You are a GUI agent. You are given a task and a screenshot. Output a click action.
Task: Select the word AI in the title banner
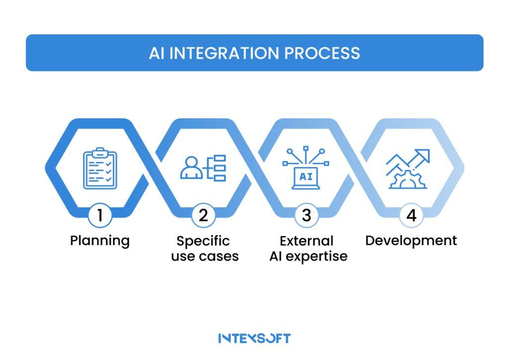(x=157, y=53)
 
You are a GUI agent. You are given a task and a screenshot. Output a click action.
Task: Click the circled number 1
(x=100, y=215)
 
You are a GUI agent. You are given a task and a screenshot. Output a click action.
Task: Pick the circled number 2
(x=203, y=215)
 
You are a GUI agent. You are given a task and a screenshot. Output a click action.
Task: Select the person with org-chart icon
(x=203, y=168)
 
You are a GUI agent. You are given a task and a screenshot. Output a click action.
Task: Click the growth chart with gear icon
(x=408, y=169)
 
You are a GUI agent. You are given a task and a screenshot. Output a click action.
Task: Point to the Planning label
(x=100, y=241)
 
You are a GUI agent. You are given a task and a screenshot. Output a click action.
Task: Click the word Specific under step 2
(x=203, y=241)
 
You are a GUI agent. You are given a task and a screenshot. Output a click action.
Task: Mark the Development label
(x=411, y=241)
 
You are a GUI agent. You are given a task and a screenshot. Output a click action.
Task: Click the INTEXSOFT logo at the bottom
(x=254, y=338)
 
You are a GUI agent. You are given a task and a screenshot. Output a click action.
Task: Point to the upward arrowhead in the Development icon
(x=424, y=156)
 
